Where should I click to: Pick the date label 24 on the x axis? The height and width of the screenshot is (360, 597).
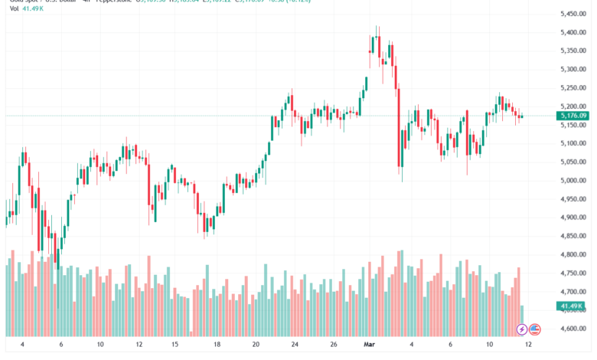click(295, 345)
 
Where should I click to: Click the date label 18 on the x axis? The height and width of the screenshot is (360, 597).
click(217, 345)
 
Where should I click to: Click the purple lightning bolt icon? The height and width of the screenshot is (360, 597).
click(521, 329)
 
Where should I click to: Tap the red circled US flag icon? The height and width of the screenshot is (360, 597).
click(535, 329)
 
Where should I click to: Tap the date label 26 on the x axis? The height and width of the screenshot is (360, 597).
click(334, 345)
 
